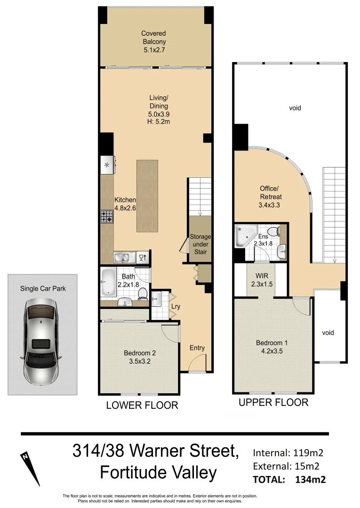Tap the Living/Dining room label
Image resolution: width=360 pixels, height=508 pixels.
tap(159, 110)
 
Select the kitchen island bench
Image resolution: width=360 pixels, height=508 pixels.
tap(147, 196)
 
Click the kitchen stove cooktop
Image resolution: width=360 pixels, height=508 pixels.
tap(107, 216)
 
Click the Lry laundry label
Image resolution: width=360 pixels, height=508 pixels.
tap(176, 306)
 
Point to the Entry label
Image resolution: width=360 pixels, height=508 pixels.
tap(197, 348)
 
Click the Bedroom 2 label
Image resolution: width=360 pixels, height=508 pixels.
tap(140, 357)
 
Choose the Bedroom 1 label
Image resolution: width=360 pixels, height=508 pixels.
tap(272, 347)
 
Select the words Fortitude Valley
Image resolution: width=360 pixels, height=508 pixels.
tap(158, 473)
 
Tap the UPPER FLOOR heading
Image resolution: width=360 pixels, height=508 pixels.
tap(273, 402)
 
